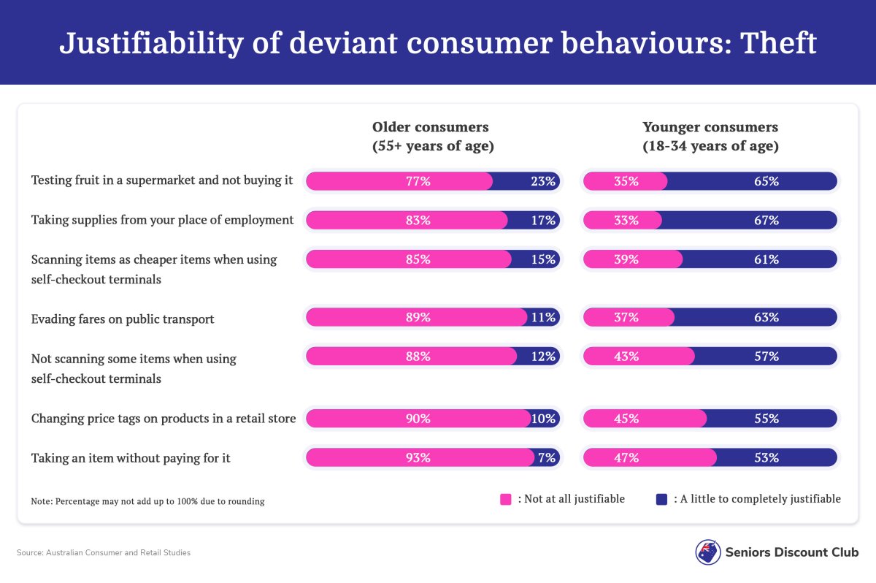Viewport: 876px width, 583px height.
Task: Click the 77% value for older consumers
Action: pos(418,181)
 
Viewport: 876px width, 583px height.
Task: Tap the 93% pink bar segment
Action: pos(418,458)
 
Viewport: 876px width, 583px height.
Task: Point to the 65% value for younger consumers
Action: pos(766,181)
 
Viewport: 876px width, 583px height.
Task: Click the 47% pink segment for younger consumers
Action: pos(626,458)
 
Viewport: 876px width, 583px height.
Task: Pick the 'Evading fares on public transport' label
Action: pos(123,319)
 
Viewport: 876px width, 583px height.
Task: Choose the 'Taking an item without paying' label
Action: pos(131,458)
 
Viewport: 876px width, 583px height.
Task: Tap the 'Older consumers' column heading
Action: pos(433,137)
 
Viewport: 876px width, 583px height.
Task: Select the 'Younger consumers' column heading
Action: pos(710,137)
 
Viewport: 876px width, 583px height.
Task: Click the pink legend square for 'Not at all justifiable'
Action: pos(505,500)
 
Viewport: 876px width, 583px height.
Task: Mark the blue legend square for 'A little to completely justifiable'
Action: pos(661,500)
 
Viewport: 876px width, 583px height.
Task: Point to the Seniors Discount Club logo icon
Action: pos(707,552)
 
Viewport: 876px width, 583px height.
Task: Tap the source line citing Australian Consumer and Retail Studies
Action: pos(104,553)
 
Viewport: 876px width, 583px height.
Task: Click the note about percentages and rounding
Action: pos(147,502)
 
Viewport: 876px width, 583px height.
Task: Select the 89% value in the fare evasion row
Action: pos(418,317)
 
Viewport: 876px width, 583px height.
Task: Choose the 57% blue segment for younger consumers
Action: pos(766,357)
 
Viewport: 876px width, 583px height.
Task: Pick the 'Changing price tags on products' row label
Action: pos(164,419)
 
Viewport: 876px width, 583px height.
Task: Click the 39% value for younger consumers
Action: pos(626,259)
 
